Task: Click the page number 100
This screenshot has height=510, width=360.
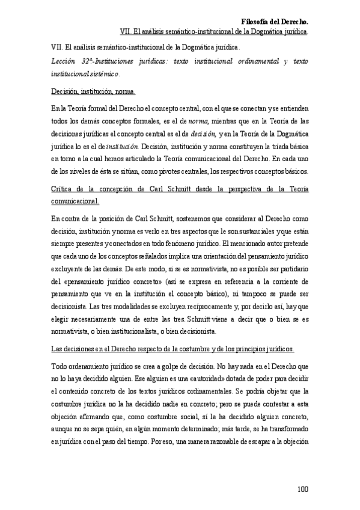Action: click(302, 488)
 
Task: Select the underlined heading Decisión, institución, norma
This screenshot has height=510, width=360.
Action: click(93, 93)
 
